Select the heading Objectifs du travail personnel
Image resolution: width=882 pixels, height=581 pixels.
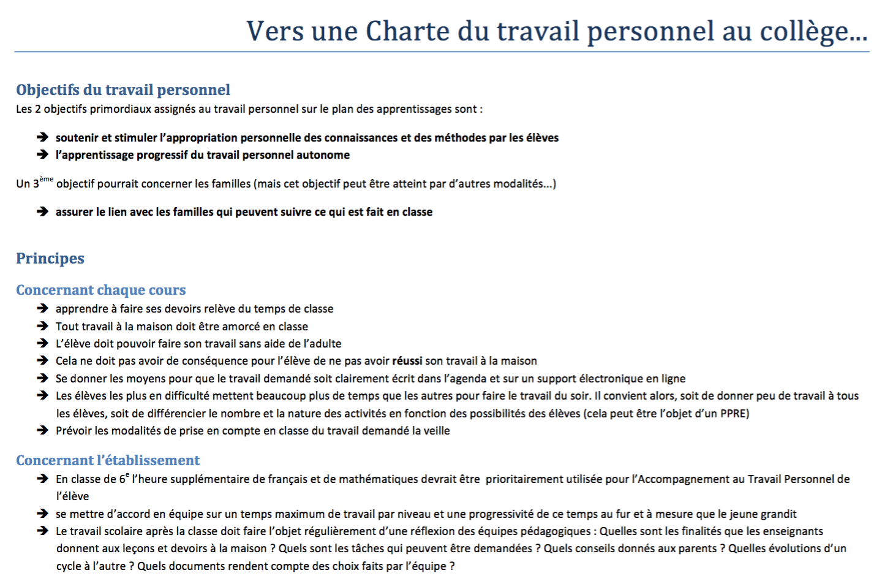click(x=123, y=90)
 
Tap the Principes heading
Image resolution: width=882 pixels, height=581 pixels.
click(x=50, y=259)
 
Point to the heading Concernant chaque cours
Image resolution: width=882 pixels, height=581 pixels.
click(x=101, y=290)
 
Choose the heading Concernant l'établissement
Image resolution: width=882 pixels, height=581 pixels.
click(x=108, y=460)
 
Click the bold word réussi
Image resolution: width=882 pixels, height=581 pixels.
click(x=407, y=361)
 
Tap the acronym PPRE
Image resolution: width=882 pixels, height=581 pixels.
click(x=733, y=414)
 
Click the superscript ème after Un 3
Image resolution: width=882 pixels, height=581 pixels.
click(x=47, y=179)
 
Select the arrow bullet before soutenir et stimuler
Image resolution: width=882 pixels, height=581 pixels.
click(x=42, y=137)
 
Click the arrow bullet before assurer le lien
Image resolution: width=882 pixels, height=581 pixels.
click(x=42, y=211)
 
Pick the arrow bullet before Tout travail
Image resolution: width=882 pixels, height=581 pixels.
click(x=42, y=326)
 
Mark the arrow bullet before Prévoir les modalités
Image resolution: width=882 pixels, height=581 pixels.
click(x=42, y=430)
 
